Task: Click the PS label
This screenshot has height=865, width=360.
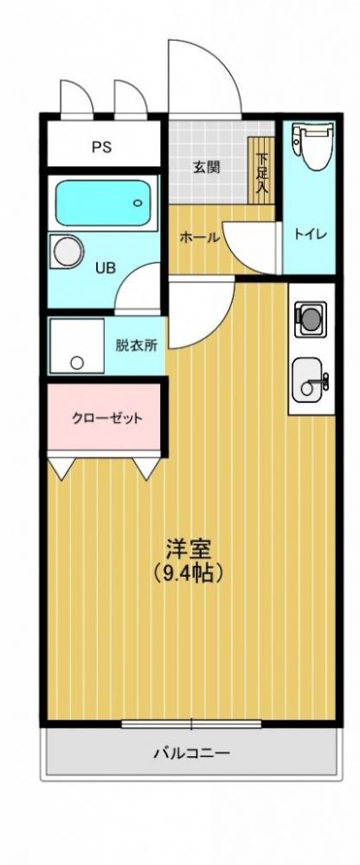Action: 102,146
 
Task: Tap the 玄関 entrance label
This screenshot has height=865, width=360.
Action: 206,166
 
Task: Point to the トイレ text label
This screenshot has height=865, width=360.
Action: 308,233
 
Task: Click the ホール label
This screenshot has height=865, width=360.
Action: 199,238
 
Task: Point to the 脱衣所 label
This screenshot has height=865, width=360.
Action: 137,344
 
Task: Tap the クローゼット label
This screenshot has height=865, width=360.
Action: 106,419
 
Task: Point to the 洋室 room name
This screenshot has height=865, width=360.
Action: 190,548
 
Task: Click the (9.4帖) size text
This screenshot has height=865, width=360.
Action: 190,571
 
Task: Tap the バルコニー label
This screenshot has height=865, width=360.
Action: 191,753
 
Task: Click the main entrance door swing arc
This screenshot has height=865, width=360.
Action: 206,78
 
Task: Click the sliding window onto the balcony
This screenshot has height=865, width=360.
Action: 191,723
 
